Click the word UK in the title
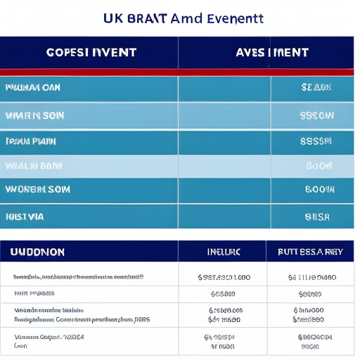(x=112, y=18)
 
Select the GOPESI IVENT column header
(x=91, y=53)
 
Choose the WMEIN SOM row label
(x=32, y=115)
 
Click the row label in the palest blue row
(x=33, y=166)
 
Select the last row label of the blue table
(x=25, y=217)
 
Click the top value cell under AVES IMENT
(x=316, y=88)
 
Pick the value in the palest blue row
(x=319, y=166)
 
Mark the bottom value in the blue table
(x=317, y=217)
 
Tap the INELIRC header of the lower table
(x=224, y=251)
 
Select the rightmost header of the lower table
(x=310, y=251)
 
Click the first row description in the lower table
(x=78, y=277)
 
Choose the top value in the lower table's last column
(x=310, y=278)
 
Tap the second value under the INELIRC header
(x=223, y=294)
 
